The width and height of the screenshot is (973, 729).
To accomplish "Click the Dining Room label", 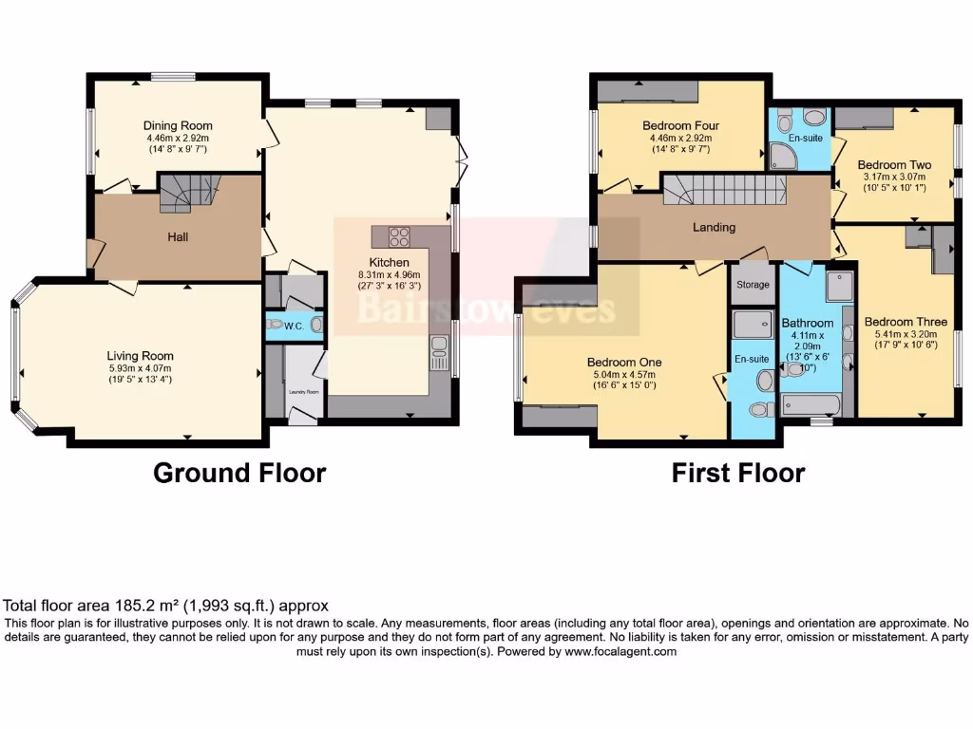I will pos(178,125).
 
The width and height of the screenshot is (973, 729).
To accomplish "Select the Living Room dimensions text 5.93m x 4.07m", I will pos(140,368).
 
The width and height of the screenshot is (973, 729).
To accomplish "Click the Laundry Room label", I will pos(302,390).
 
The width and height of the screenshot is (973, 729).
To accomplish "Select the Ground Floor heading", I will pos(239,473).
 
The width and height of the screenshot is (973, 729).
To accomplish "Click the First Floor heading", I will pos(738,473).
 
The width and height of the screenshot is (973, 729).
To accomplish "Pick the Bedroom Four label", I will pos(680,125).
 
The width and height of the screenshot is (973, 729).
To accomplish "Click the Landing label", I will pos(714,227).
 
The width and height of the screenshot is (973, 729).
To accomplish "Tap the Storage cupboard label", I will pos(753,285).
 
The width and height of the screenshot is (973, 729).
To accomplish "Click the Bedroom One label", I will pos(624,363).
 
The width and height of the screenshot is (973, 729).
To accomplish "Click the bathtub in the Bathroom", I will pos(810,406).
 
